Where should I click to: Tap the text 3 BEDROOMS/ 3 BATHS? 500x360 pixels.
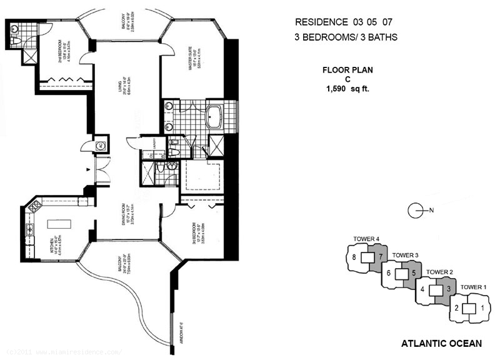346,37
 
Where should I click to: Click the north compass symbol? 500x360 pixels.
417,211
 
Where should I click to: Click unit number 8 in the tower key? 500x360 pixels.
354,257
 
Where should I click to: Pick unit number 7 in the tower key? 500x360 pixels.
379,257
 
